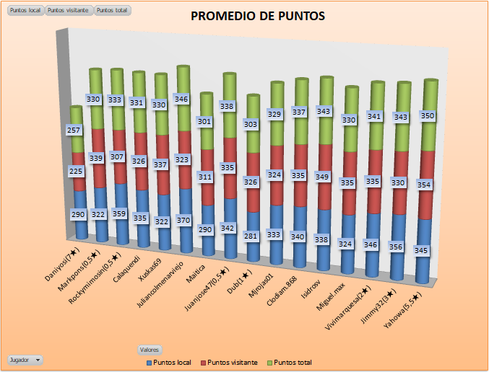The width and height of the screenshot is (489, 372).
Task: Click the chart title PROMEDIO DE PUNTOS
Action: (x=258, y=16)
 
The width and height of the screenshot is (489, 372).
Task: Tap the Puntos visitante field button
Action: (x=69, y=11)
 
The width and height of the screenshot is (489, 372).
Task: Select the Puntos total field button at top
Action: (x=112, y=11)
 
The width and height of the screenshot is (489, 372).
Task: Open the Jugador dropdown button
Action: (x=25, y=359)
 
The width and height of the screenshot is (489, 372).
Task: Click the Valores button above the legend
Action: (x=149, y=350)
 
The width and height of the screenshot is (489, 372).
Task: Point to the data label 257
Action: (x=74, y=130)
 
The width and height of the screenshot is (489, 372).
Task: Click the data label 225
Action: (x=76, y=171)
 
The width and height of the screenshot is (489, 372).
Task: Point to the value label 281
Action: (x=249, y=236)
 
